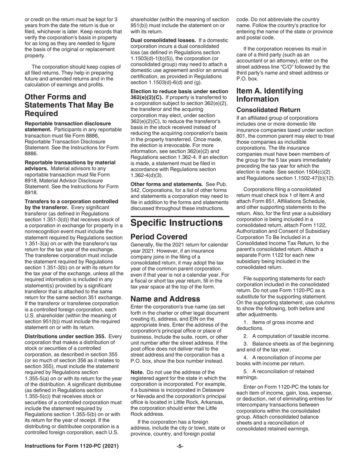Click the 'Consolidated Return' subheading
tap(268, 110)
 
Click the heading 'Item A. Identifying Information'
tap(269, 95)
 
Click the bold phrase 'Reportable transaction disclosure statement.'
tap(68, 127)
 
